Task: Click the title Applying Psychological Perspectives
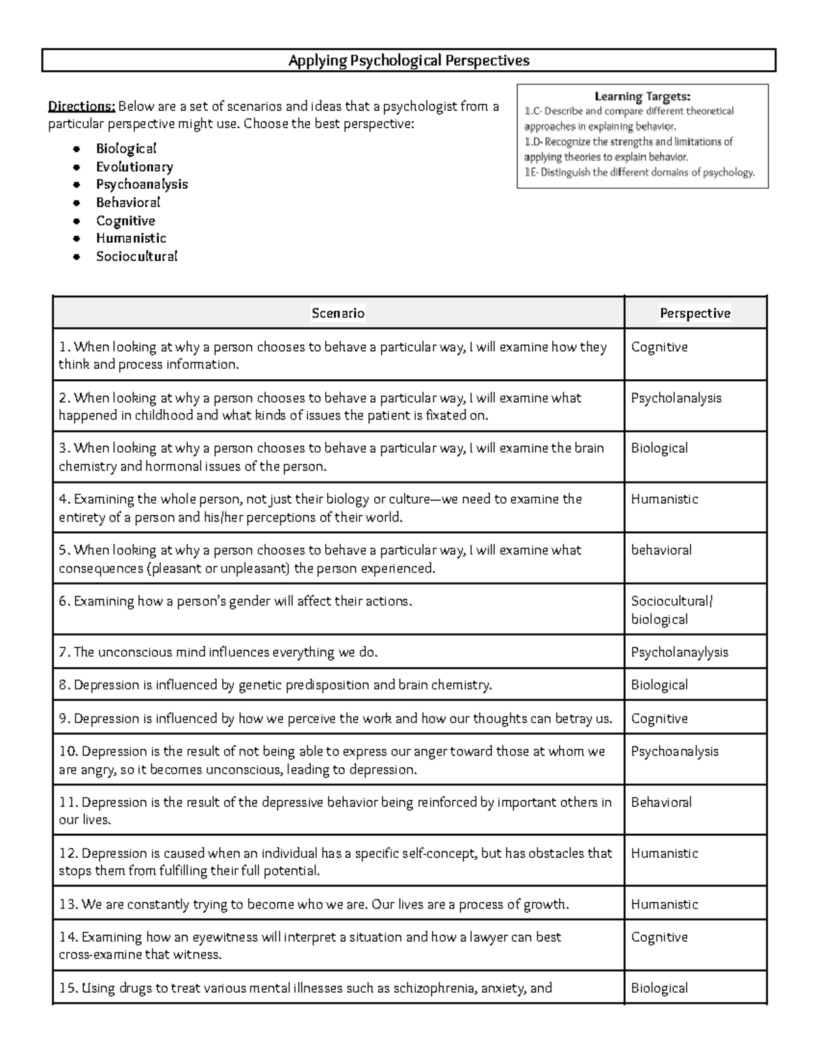(x=408, y=61)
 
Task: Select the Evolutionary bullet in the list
(x=134, y=167)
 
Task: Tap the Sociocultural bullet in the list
(x=136, y=256)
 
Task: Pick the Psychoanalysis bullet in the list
(x=142, y=185)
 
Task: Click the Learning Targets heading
(x=642, y=97)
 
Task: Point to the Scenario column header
(x=338, y=313)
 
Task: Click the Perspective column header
(x=695, y=313)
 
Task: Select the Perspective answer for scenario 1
(x=659, y=347)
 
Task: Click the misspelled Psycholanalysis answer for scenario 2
(x=676, y=398)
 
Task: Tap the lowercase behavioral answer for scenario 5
(x=661, y=550)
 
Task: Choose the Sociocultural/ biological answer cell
(x=671, y=610)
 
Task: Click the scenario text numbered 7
(x=218, y=653)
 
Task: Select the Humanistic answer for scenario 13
(x=664, y=905)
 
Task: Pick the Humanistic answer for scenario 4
(x=664, y=499)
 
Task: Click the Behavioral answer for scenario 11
(x=661, y=803)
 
